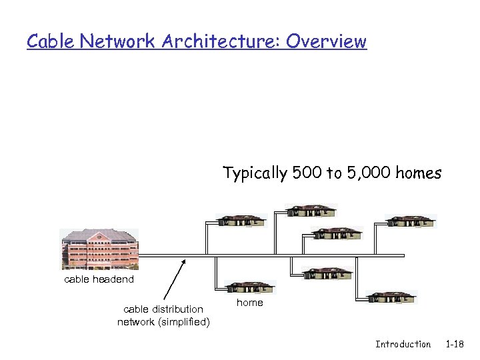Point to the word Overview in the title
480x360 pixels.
click(x=327, y=41)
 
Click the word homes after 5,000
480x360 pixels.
click(x=419, y=173)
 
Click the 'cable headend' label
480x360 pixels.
click(x=99, y=279)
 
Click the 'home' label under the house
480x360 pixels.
click(x=250, y=303)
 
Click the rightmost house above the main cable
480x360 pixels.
click(x=410, y=221)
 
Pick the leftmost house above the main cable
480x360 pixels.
click(x=241, y=221)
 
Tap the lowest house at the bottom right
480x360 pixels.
click(x=392, y=297)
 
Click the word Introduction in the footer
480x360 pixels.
click(x=403, y=345)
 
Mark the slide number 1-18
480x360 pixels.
click(x=455, y=345)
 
